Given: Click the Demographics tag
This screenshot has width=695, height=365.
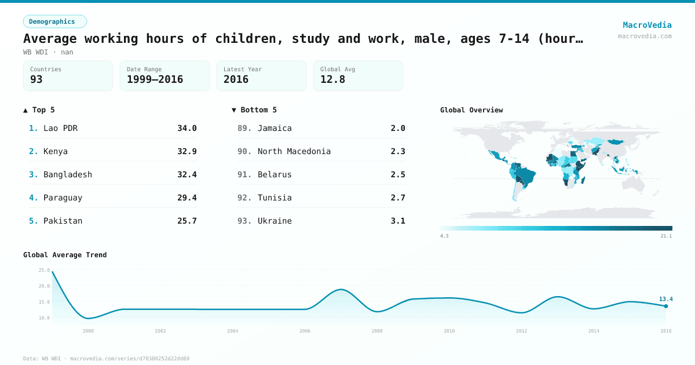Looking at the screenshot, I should click(x=54, y=21).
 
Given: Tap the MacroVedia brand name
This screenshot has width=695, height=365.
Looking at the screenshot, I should click(x=647, y=25).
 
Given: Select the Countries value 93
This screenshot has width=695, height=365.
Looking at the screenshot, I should click(x=36, y=79).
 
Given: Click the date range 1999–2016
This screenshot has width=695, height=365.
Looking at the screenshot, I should click(x=155, y=79).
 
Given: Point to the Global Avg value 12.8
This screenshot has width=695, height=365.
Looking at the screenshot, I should click(x=332, y=79).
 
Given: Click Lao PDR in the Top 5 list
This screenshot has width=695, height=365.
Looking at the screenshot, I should click(x=60, y=128).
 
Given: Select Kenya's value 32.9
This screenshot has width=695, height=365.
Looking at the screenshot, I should click(x=186, y=151).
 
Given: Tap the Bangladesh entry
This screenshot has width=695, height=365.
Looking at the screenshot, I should click(x=67, y=174).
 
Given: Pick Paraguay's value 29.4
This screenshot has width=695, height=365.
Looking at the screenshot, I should click(x=186, y=198).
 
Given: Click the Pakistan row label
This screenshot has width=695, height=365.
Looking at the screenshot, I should click(x=63, y=221).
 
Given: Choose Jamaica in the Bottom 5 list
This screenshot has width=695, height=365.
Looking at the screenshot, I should click(x=275, y=128).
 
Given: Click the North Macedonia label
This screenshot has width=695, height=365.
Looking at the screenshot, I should click(x=294, y=151).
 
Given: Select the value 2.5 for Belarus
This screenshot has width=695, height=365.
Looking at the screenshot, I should click(x=398, y=174).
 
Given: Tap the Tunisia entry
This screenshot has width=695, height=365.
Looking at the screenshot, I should click(x=275, y=198).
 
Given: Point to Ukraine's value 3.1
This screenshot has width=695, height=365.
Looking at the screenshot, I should click(x=398, y=221).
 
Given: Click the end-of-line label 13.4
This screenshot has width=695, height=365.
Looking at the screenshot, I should click(x=665, y=299).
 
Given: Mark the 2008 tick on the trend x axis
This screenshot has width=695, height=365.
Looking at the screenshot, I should click(x=377, y=331).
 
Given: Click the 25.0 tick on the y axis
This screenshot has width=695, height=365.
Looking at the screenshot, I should click(x=44, y=270).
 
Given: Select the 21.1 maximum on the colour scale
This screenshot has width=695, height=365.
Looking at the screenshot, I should click(x=666, y=236).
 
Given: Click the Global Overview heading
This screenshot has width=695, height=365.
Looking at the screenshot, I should click(x=471, y=110).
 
